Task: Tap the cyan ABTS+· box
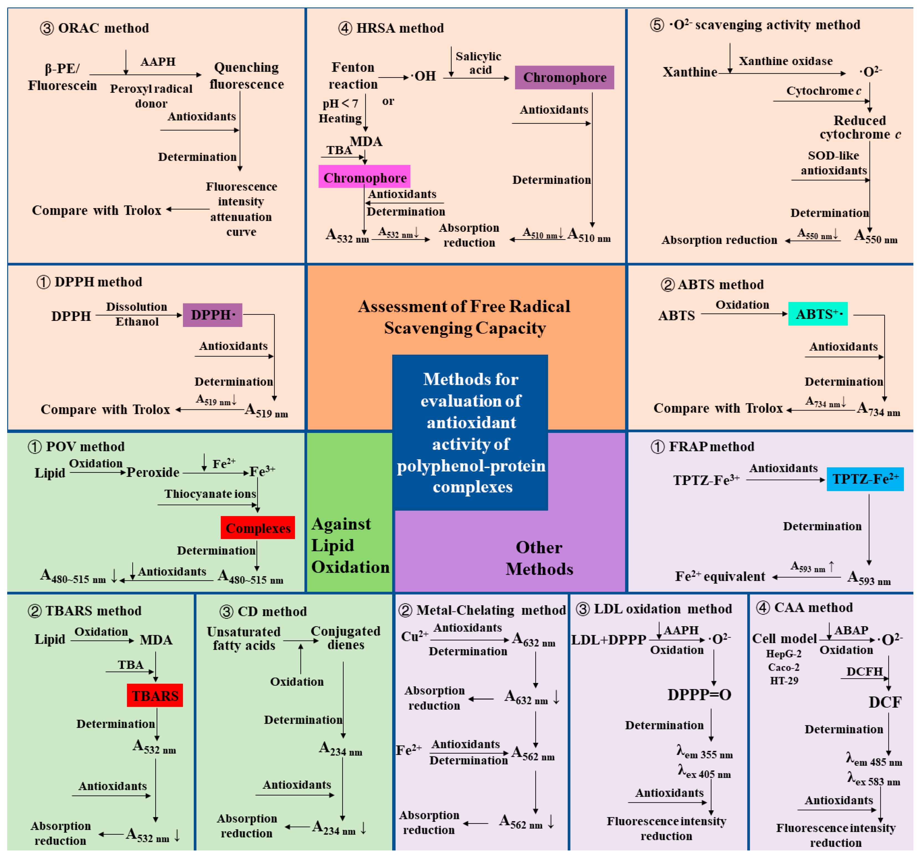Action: (x=818, y=314)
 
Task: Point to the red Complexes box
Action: (x=257, y=528)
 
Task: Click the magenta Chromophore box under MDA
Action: (x=364, y=177)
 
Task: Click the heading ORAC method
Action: (x=103, y=28)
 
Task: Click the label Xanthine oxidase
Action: (x=785, y=61)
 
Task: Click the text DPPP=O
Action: (x=699, y=694)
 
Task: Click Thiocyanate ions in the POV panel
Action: (x=210, y=494)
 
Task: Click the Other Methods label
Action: (x=539, y=558)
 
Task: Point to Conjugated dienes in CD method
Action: (x=345, y=638)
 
